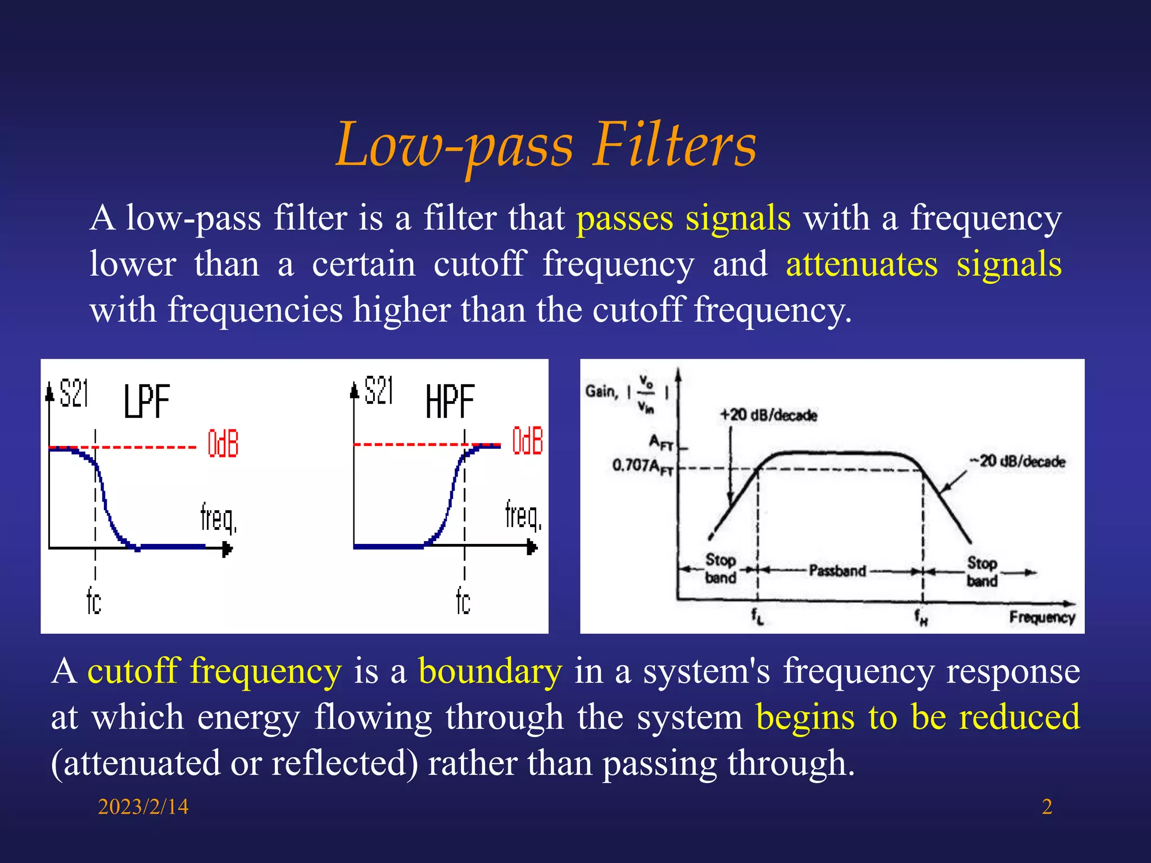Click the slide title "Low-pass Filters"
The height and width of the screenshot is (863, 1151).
click(546, 146)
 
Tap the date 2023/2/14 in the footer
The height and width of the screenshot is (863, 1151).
click(143, 807)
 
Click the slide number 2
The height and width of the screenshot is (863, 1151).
click(1046, 807)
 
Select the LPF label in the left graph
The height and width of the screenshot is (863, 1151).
click(147, 401)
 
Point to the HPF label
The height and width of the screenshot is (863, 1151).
click(450, 401)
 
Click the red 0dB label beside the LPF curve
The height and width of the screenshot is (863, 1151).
click(223, 444)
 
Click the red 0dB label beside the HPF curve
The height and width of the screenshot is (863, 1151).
click(527, 440)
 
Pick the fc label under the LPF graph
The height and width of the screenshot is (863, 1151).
click(94, 601)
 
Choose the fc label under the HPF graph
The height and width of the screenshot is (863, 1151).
click(463, 601)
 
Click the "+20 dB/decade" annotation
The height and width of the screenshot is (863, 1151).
click(768, 415)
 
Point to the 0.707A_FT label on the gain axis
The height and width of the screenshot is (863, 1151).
click(642, 466)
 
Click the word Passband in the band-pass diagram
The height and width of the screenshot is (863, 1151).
click(837, 571)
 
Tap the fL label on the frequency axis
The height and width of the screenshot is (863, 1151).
click(758, 616)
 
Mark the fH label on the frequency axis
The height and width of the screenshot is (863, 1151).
click(921, 617)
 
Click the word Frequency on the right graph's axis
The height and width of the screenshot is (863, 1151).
click(1041, 617)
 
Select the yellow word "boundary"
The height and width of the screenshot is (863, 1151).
click(490, 671)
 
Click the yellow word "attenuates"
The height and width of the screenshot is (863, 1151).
click(862, 264)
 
